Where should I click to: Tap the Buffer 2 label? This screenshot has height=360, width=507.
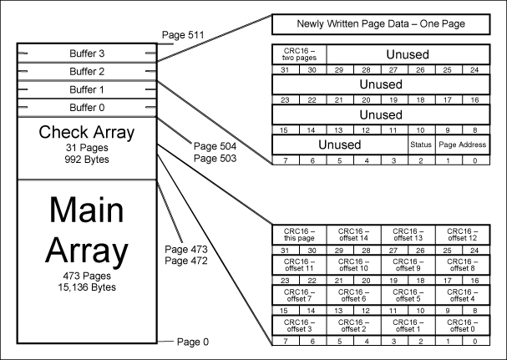click(x=86, y=72)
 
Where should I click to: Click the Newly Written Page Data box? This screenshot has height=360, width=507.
click(x=380, y=24)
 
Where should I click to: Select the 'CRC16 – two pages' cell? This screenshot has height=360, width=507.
click(x=299, y=54)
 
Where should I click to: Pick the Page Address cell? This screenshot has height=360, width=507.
click(x=462, y=145)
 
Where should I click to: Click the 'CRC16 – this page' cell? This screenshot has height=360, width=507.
click(x=299, y=234)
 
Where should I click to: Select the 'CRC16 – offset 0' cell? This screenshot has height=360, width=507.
click(x=462, y=324)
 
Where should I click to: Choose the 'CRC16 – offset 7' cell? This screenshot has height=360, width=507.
click(x=299, y=294)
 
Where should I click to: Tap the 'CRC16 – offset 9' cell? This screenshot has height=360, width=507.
click(x=408, y=264)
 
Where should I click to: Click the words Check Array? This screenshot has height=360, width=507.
click(x=86, y=133)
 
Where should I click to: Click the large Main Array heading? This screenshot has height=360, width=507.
click(x=86, y=228)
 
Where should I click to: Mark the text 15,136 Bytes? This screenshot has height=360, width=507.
click(x=86, y=286)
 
